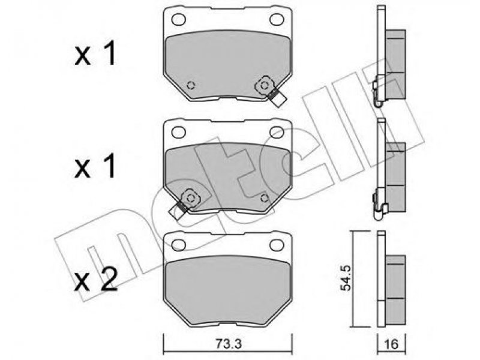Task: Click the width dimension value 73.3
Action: coord(227,344)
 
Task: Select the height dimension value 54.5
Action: coord(346,278)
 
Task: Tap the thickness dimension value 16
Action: coord(391,344)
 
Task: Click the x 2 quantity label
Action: coord(96,280)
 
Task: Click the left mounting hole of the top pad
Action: coord(178,20)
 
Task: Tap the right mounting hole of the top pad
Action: coord(277,20)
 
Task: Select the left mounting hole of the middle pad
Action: coord(178,132)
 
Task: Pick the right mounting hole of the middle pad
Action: coord(277,132)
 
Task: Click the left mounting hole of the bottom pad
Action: coord(178,245)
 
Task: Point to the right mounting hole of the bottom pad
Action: coord(277,245)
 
